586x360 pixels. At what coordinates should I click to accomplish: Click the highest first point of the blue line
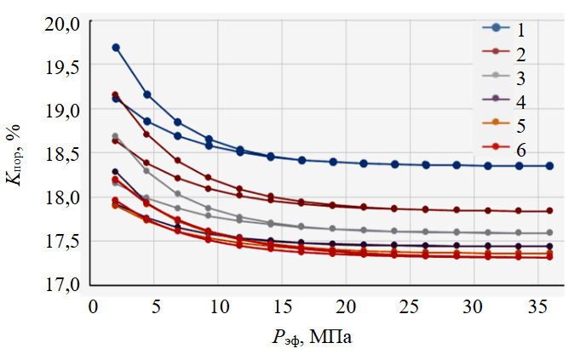click(116, 48)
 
